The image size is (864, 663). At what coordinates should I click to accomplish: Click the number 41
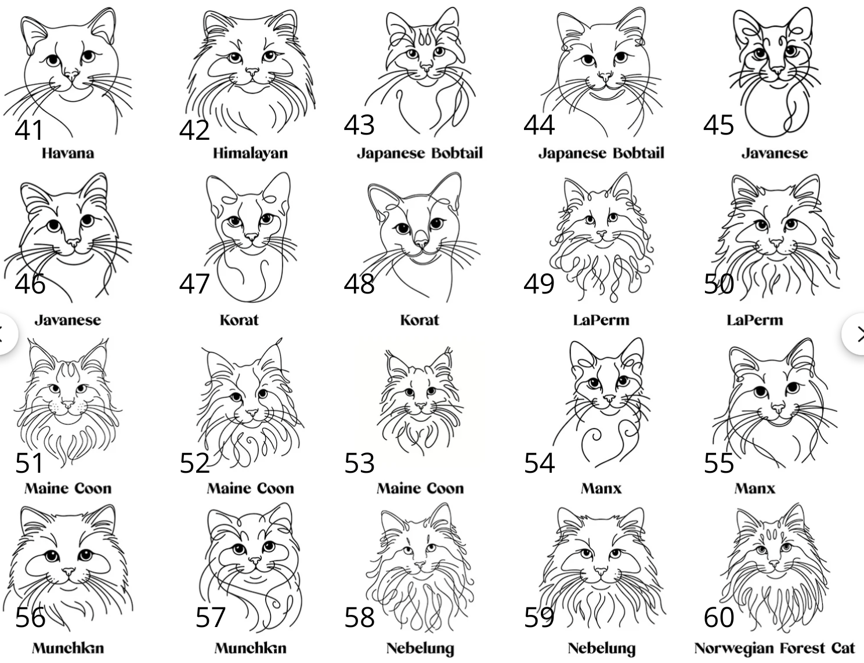pos(28,130)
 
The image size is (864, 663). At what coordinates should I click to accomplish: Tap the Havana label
pos(68,153)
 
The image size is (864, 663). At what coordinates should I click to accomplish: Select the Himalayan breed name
pos(250,154)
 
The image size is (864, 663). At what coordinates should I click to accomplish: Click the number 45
pos(718,125)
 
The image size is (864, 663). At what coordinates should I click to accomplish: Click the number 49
pos(538,284)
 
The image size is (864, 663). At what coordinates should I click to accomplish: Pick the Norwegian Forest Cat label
pos(774,648)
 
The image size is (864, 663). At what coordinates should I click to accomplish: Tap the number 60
pos(719,617)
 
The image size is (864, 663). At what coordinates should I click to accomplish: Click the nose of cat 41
pos(72,75)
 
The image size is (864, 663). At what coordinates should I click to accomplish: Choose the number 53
pos(359,463)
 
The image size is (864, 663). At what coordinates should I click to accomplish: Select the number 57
pos(210,617)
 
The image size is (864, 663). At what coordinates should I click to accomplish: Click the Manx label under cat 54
pos(601,488)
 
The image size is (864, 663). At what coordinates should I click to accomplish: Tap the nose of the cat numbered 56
pos(69,571)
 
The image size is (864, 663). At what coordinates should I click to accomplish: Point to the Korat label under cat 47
pos(239,320)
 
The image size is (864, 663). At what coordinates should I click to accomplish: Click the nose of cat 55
pos(778,408)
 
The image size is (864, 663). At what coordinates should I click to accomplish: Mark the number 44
pos(538,125)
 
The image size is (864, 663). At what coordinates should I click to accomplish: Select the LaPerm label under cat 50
pos(755,320)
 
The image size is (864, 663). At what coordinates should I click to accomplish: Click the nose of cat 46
pos(74,241)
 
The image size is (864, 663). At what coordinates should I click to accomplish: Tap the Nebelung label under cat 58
pos(420,649)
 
